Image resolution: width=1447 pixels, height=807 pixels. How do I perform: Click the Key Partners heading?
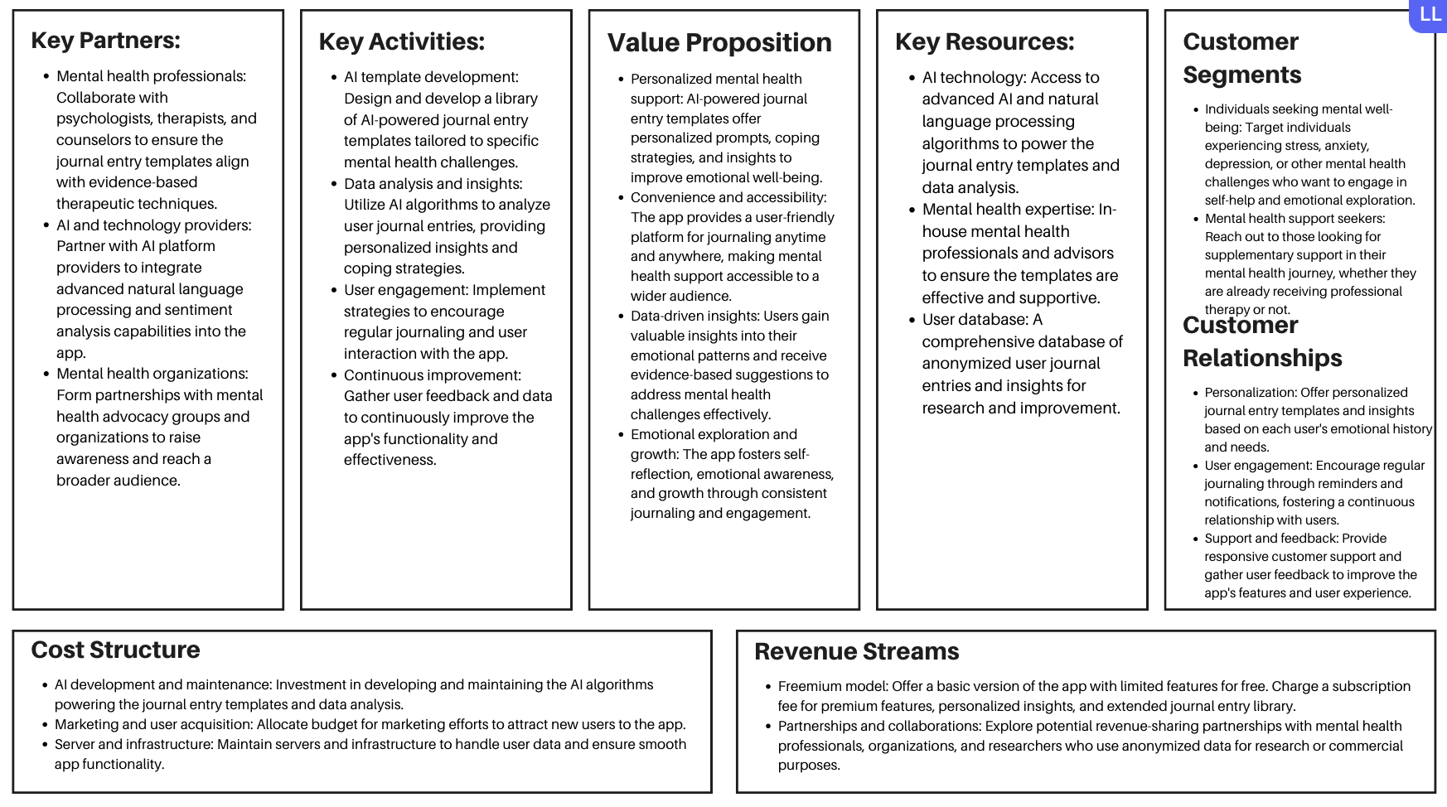[x=105, y=41]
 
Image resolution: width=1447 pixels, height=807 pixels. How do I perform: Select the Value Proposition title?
[x=719, y=42]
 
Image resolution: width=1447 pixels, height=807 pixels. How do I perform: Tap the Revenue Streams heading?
[x=856, y=651]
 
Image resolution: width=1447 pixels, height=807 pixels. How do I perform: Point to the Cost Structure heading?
[x=115, y=650]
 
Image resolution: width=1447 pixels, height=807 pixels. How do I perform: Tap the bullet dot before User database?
[x=911, y=320]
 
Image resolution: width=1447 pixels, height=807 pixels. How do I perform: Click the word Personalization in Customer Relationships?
[x=1250, y=393]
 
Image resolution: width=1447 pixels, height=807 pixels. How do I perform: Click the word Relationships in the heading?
[x=1262, y=358]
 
